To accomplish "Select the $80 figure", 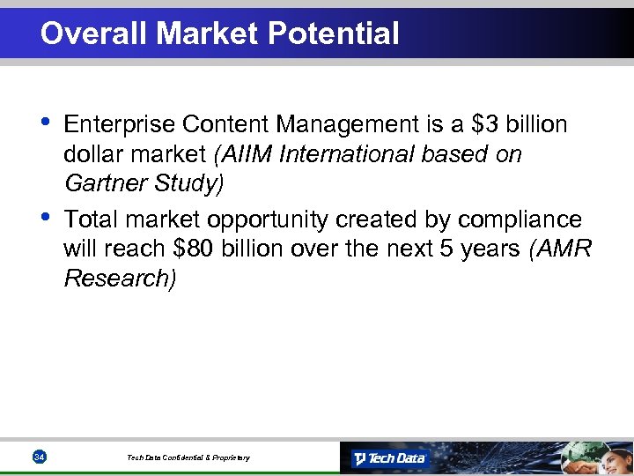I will point(195,249).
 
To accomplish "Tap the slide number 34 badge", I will point(39,457).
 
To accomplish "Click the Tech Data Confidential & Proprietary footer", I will point(188,457).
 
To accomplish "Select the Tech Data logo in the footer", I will point(389,458).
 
